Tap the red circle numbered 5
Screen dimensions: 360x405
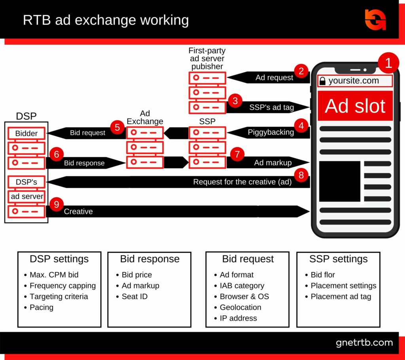coord(117,128)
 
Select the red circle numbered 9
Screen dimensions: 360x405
coord(57,204)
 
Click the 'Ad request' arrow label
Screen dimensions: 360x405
coord(274,78)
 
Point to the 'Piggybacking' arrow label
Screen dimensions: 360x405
coord(271,132)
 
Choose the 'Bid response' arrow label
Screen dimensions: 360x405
coord(84,163)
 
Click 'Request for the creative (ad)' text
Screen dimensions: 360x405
coord(242,182)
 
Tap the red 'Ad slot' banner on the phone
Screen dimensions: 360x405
coord(355,106)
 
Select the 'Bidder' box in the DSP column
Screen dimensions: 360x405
coord(26,133)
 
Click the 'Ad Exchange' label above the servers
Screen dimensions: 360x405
coord(145,117)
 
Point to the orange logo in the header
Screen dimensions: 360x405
coord(375,20)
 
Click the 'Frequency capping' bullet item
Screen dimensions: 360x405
coord(62,286)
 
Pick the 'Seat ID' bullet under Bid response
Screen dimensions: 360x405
coord(134,296)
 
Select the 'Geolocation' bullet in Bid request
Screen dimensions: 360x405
coord(240,307)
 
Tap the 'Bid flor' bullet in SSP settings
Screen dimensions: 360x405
coord(323,275)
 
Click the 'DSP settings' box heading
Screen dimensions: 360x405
coord(59,259)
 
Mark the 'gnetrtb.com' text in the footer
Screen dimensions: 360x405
coord(364,343)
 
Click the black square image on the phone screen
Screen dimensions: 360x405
coord(339,181)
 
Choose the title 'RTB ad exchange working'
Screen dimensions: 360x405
coord(106,20)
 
